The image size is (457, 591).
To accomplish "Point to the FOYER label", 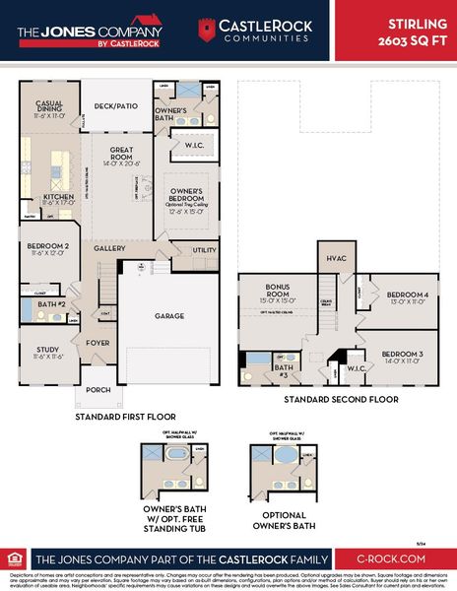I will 97,343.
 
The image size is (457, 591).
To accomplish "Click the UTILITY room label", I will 204,250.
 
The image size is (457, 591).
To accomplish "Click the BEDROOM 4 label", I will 405,294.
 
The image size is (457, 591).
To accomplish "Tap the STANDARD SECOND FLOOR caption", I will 341,400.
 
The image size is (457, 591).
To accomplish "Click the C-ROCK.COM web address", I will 393,558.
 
